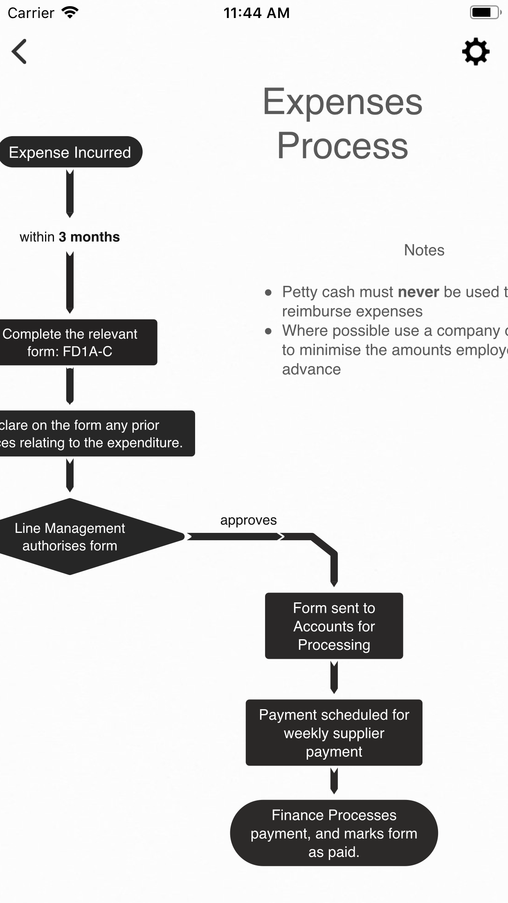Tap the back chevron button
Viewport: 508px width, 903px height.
(x=19, y=52)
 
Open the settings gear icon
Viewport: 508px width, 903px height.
(x=476, y=52)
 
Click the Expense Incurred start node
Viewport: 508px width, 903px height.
(x=70, y=152)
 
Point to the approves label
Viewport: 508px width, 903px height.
(x=248, y=520)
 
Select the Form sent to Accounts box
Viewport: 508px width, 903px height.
(x=334, y=626)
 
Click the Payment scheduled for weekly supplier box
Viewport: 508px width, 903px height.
(x=334, y=732)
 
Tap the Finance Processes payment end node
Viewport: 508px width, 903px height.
(x=334, y=833)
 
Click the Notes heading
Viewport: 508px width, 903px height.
(x=424, y=250)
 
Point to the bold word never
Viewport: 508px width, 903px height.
(x=418, y=292)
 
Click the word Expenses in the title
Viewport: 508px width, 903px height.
(x=342, y=102)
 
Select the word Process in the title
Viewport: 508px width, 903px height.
(x=342, y=146)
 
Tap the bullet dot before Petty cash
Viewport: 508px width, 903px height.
(x=268, y=292)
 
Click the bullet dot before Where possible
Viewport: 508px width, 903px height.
(x=268, y=331)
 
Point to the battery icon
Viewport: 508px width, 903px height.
(x=485, y=13)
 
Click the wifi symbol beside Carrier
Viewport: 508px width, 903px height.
(x=70, y=13)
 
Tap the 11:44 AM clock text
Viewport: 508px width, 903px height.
(x=256, y=13)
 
